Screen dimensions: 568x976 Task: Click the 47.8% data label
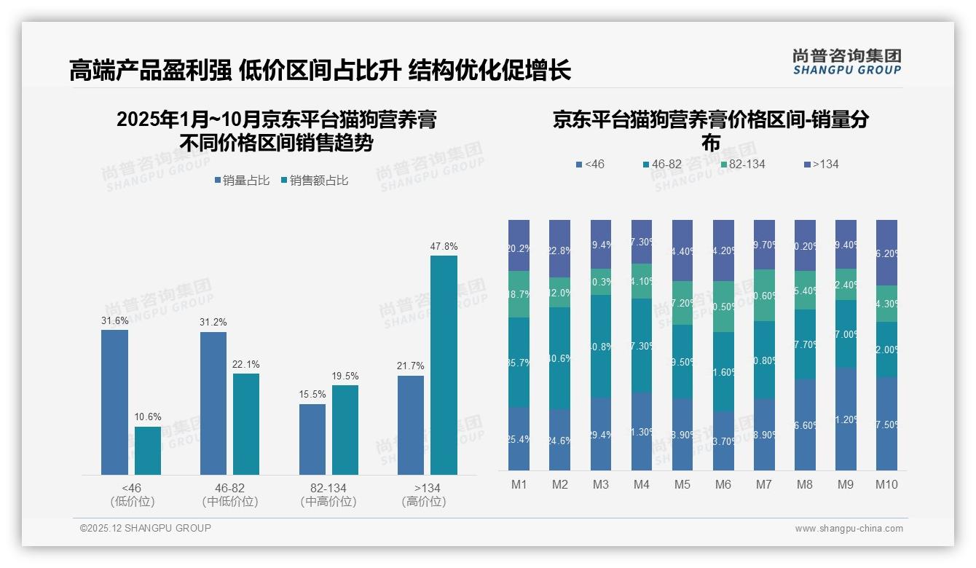point(444,247)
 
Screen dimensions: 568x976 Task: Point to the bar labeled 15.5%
point(312,439)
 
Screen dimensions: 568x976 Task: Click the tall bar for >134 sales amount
point(444,365)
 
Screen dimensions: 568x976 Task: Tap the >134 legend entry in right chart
point(821,165)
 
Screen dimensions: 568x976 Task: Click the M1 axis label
point(519,485)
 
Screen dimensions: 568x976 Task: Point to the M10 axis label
point(886,485)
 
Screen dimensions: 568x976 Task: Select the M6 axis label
point(723,485)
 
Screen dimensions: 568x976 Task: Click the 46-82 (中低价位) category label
point(230,494)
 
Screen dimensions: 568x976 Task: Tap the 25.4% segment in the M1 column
point(519,438)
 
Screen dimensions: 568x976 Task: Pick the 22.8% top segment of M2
point(559,249)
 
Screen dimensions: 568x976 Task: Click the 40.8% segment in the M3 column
point(600,347)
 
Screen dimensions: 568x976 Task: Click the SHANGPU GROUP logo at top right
point(846,62)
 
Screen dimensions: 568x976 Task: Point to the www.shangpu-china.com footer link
point(849,529)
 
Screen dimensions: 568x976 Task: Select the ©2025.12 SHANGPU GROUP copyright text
point(146,528)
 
